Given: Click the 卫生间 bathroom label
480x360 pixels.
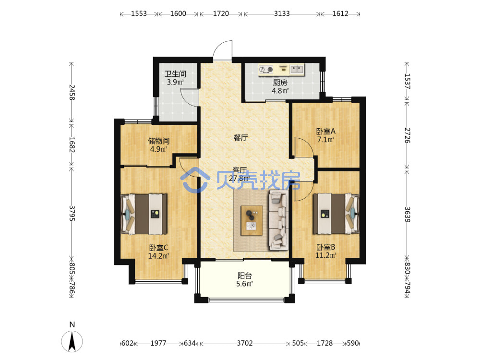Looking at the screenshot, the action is click(175, 74).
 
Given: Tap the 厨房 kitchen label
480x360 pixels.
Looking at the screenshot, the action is click(280, 83).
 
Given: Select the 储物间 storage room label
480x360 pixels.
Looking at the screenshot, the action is click(158, 141).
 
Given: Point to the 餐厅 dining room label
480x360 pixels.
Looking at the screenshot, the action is click(240, 138).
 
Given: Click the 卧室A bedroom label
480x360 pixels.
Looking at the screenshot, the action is click(326, 132).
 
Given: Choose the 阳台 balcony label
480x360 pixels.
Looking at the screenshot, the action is click(245, 276).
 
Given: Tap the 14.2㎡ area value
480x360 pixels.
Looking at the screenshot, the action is click(158, 256).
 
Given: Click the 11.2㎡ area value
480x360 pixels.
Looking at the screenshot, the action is click(326, 255).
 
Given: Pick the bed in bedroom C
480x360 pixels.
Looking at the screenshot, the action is click(144, 214).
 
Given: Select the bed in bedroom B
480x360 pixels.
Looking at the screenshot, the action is click(336, 214).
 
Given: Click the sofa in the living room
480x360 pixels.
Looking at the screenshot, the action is click(278, 220).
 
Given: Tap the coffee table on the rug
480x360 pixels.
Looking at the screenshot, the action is click(252, 220).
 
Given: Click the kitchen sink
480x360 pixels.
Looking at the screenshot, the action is click(297, 70).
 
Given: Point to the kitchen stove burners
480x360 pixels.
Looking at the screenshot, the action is click(266, 70).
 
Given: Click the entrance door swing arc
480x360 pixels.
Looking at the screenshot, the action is click(223, 50).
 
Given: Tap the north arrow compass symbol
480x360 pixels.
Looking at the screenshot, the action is click(72, 341).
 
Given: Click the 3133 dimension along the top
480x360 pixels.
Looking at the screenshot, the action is click(282, 14).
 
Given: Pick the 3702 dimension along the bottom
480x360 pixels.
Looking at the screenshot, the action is click(245, 343).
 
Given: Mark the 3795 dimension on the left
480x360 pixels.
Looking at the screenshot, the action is click(72, 214).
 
